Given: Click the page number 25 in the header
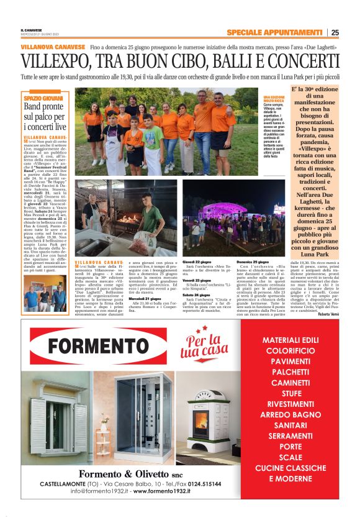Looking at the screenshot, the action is point(335,32).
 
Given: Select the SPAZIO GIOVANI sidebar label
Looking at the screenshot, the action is point(43,98).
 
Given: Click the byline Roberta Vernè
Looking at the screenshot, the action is point(328,314).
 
